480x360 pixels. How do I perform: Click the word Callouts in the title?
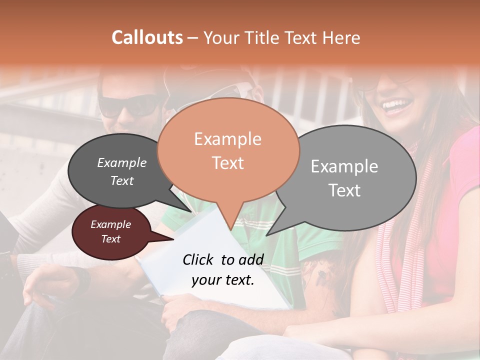click(x=147, y=37)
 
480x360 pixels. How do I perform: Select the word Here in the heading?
click(x=341, y=37)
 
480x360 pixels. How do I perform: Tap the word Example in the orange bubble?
click(x=227, y=139)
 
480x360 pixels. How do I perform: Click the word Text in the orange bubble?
click(x=227, y=163)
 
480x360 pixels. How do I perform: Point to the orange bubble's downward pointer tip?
click(x=231, y=229)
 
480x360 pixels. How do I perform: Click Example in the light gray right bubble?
click(x=344, y=166)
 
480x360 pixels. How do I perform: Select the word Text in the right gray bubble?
click(x=344, y=190)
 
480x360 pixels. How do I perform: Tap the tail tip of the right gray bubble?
click(x=267, y=235)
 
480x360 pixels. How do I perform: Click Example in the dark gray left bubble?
click(x=121, y=162)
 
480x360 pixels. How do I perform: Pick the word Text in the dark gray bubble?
click(x=121, y=181)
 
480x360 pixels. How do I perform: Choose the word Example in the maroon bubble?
click(x=110, y=224)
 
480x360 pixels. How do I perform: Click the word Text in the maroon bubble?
click(x=110, y=239)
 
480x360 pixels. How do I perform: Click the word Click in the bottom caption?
click(x=198, y=259)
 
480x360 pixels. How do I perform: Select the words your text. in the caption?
click(x=222, y=280)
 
